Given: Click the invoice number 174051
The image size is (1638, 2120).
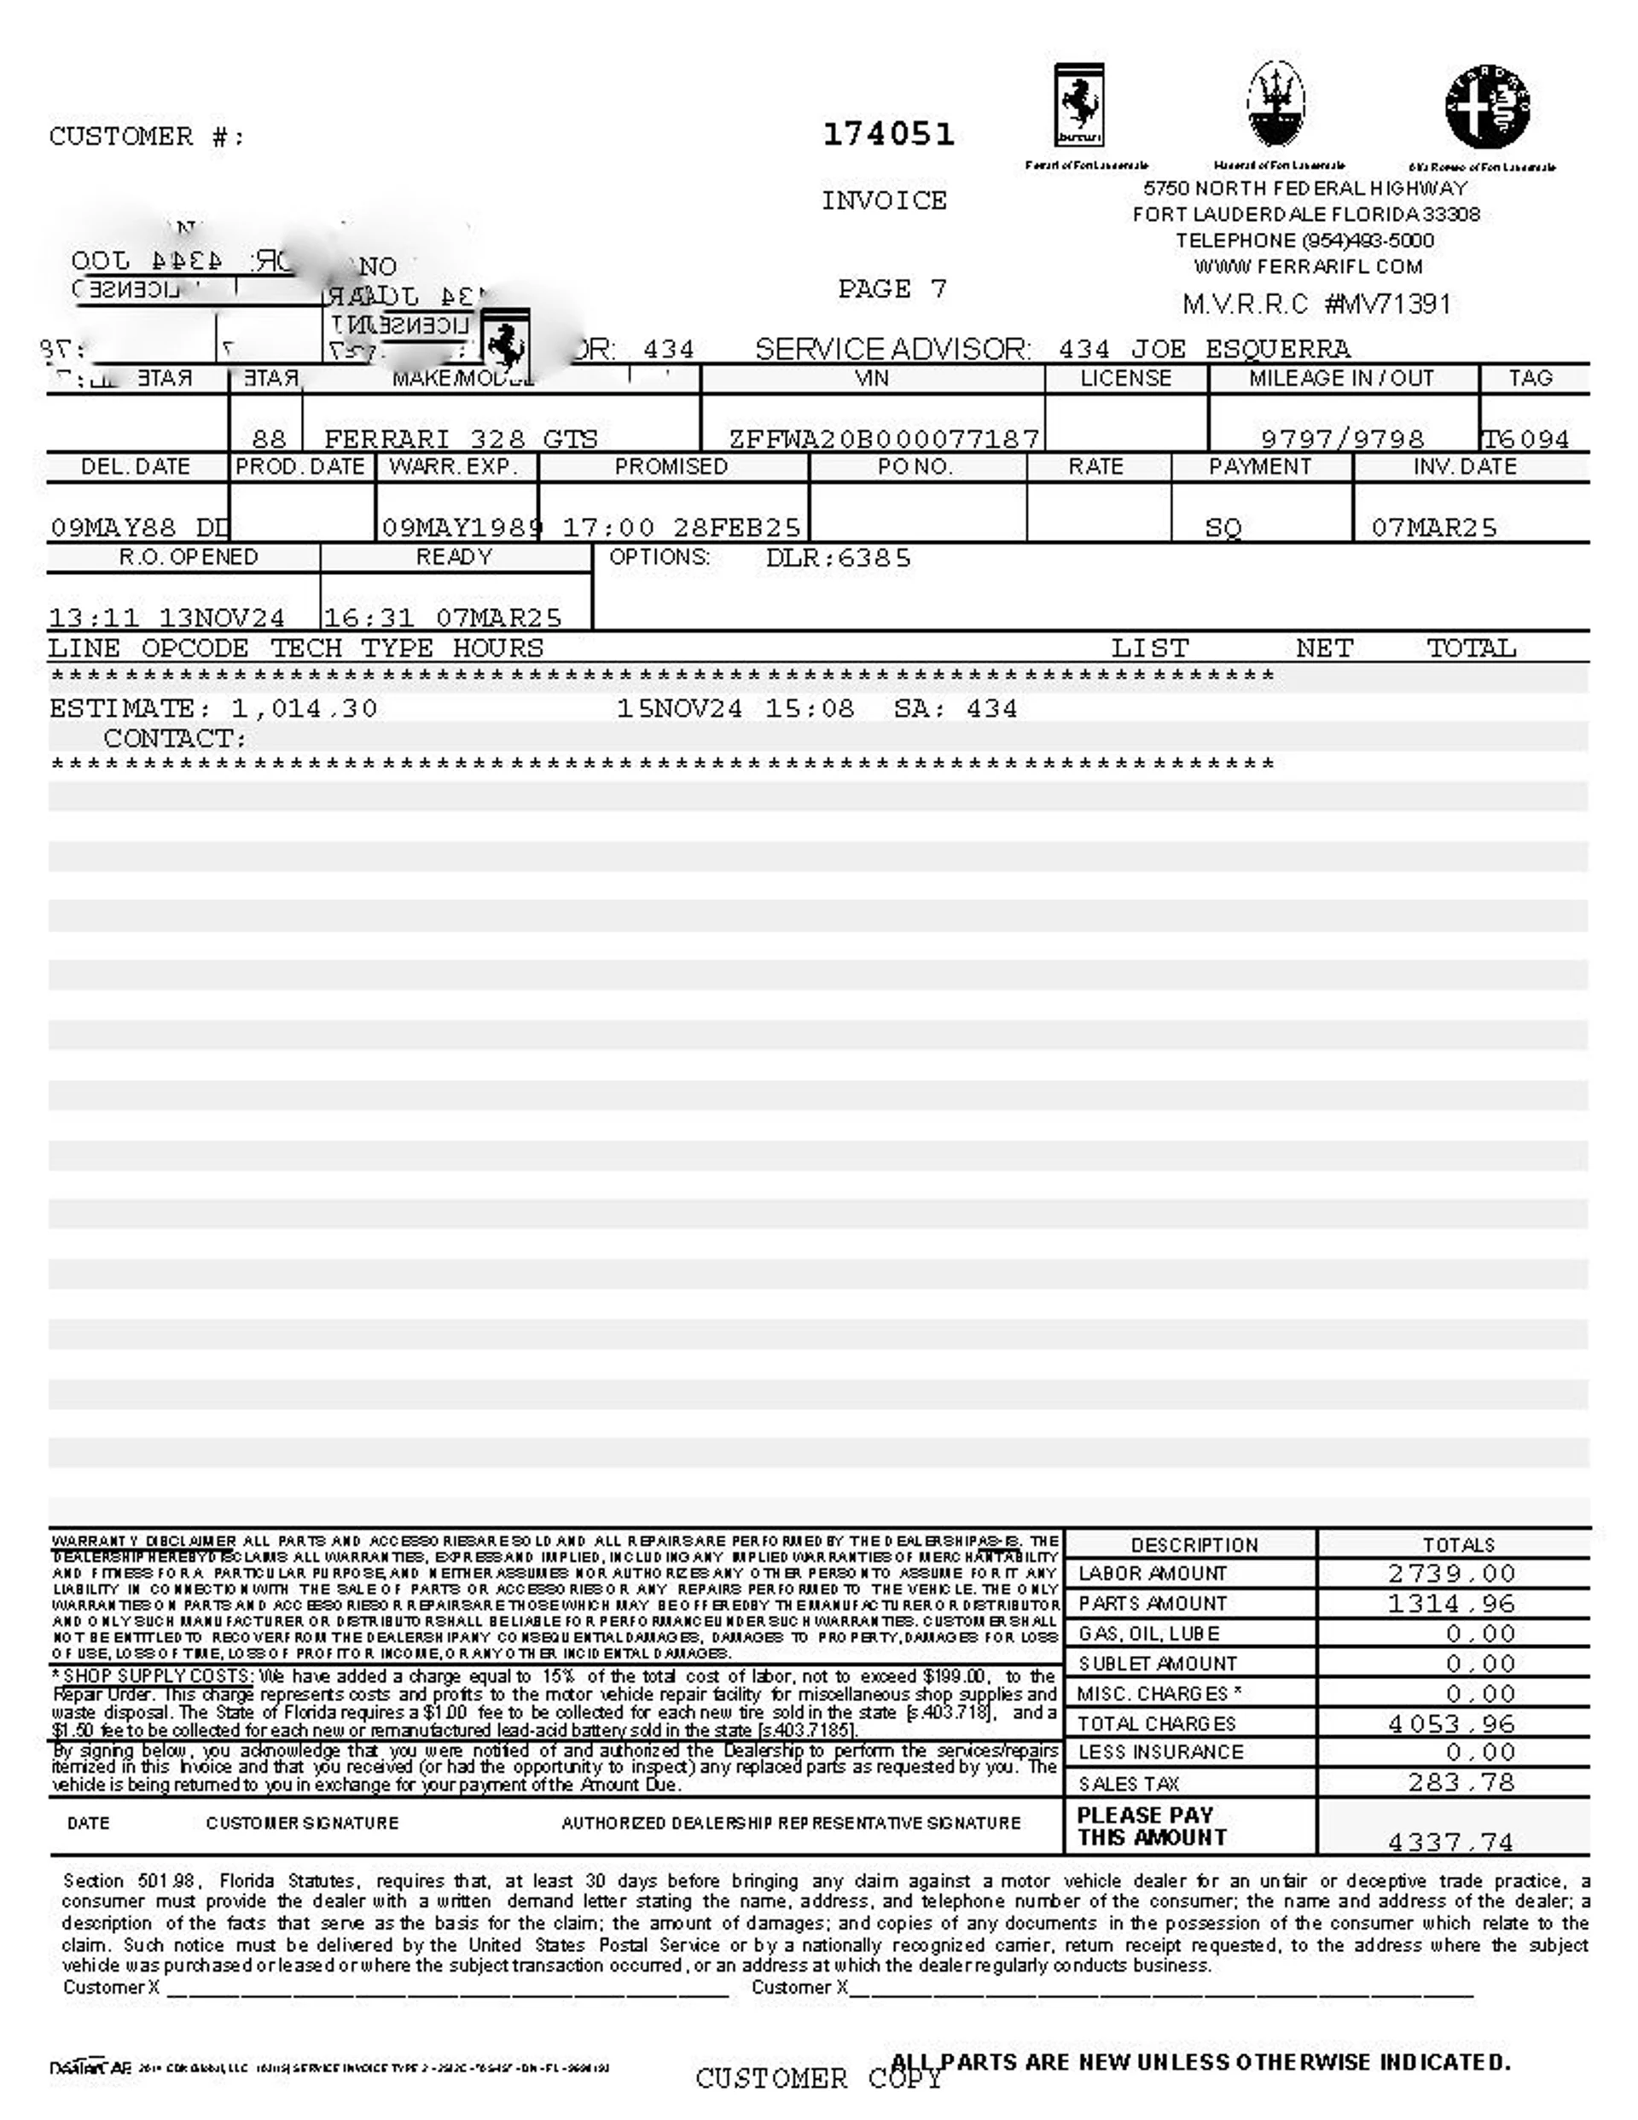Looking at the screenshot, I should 888,134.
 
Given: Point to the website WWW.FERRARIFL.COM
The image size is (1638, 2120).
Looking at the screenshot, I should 1308,267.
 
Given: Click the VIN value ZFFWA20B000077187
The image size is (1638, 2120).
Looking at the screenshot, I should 884,439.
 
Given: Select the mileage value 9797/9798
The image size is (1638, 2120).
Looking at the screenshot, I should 1342,439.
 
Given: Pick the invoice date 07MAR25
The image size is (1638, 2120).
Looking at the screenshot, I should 1434,527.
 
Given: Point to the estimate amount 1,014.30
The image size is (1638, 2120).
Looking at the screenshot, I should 304,709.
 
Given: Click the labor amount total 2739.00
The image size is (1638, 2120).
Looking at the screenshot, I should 1451,1573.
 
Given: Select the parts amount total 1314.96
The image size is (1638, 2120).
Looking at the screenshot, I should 1451,1604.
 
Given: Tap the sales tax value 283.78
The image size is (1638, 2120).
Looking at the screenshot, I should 1461,1782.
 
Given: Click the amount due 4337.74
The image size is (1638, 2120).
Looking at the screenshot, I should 1451,1841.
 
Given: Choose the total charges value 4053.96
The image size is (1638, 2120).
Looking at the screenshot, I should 1451,1724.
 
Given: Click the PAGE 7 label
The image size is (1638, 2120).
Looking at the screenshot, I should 892,289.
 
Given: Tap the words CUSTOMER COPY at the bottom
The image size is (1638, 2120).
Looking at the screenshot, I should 818,2078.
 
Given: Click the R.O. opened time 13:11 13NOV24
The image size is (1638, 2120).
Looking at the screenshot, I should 167,618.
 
